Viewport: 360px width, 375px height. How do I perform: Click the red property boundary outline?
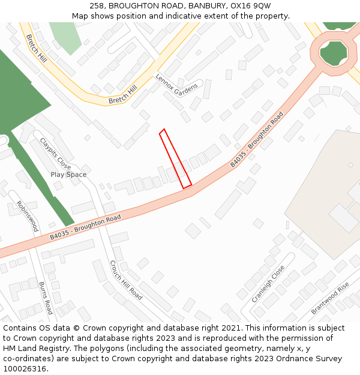click(175, 158)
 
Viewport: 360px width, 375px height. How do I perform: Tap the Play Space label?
click(68, 175)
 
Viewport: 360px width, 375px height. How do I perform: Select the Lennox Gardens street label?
click(176, 85)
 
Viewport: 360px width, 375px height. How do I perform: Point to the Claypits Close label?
click(55, 154)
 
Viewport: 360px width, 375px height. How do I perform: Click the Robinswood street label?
click(28, 216)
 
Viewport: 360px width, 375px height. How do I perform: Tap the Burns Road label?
click(46, 298)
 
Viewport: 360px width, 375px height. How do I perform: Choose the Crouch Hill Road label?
click(126, 280)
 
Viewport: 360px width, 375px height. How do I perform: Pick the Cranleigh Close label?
click(268, 283)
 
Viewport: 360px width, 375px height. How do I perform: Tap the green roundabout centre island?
click(334, 53)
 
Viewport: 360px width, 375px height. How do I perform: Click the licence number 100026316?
click(25, 369)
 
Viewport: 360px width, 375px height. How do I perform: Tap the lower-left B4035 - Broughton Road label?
click(85, 227)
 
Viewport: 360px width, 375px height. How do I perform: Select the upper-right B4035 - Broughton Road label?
click(257, 140)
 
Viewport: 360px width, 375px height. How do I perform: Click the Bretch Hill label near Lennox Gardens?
click(123, 95)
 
